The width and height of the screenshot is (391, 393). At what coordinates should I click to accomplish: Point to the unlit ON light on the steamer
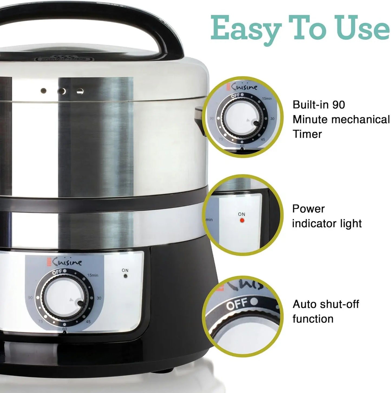[125, 276]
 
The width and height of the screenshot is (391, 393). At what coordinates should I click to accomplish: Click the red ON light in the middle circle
[242, 220]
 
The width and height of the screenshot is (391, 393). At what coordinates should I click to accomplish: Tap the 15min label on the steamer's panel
[93, 275]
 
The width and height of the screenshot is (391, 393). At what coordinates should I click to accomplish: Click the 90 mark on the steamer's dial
[30, 297]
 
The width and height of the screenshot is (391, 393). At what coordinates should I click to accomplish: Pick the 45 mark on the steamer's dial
[88, 322]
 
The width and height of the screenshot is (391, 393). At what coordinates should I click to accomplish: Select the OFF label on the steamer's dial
[57, 272]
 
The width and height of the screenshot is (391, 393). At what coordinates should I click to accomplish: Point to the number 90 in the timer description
[338, 105]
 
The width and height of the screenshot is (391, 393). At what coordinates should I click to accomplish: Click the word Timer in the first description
[307, 134]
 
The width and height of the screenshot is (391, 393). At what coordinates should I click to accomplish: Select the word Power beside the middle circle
[308, 209]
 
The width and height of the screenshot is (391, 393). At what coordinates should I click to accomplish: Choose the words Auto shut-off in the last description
[326, 304]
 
